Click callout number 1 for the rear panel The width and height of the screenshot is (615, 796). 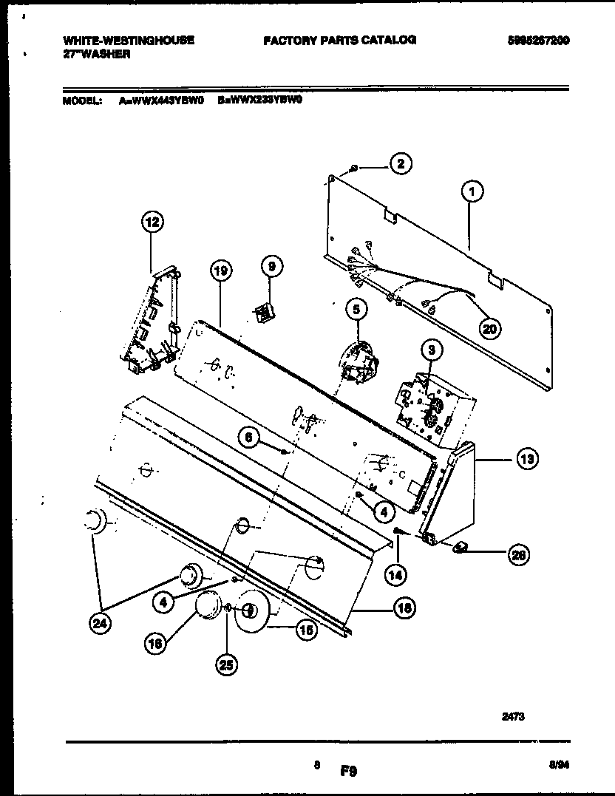[x=472, y=191]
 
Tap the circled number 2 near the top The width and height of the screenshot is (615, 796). [x=401, y=164]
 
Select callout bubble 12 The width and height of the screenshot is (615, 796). [x=151, y=221]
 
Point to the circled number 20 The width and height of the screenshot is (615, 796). [x=489, y=328]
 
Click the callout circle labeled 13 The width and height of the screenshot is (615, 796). [x=526, y=460]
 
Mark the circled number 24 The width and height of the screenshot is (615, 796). [x=98, y=625]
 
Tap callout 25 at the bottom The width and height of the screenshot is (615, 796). [x=227, y=665]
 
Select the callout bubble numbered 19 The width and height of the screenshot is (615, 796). [x=220, y=271]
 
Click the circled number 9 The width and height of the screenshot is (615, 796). [x=271, y=266]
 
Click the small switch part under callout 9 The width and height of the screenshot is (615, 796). [x=262, y=313]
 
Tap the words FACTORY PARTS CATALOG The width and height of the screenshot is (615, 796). [x=339, y=40]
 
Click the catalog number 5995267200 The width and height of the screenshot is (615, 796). [x=538, y=40]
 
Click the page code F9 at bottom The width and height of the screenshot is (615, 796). [x=349, y=771]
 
